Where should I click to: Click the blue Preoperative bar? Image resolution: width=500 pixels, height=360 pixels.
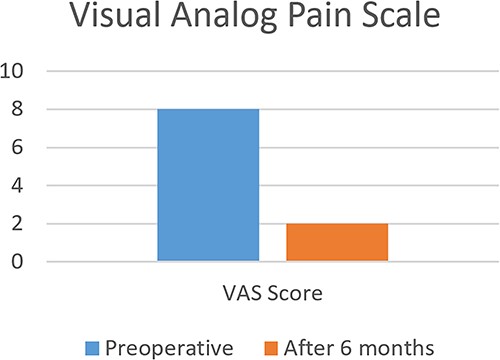[208, 185]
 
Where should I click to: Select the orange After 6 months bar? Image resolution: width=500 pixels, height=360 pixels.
[337, 243]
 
